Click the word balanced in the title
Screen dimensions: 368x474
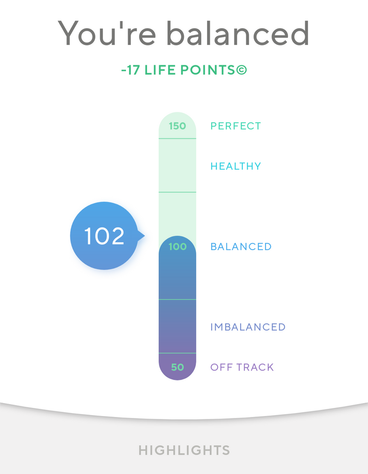coord(238,33)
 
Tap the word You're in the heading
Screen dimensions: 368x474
coord(107,33)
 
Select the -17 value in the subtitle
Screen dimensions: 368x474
coord(130,70)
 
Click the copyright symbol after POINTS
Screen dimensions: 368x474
coord(241,70)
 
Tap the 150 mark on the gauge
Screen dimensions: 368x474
coord(177,126)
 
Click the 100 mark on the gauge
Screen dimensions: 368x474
coord(177,247)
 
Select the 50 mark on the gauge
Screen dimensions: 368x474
coord(177,367)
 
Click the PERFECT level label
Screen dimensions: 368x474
coord(236,126)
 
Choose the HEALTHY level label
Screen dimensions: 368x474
coord(236,166)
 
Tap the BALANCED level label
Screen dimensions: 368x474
coord(241,247)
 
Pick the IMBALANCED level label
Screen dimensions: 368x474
coord(248,327)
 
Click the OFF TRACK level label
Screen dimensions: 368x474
coord(242,367)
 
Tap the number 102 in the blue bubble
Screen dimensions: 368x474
coord(104,236)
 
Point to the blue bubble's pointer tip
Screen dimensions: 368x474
coord(144,236)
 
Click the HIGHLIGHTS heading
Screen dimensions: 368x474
coord(184,450)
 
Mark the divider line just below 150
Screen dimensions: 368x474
coord(177,139)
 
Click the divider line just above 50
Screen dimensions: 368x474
coord(177,353)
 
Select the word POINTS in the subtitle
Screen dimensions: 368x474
coord(208,70)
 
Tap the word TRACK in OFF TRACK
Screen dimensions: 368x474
coord(255,367)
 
